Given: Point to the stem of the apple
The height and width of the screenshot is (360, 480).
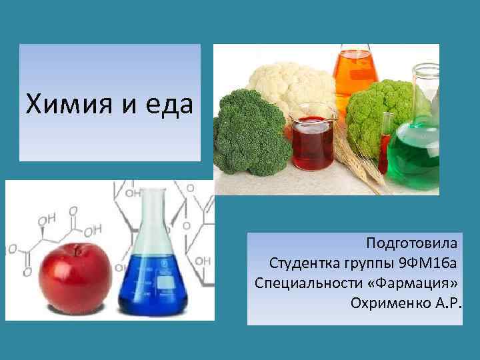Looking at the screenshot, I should point(79,250).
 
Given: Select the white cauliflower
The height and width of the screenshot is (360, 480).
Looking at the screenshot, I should point(290,83).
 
